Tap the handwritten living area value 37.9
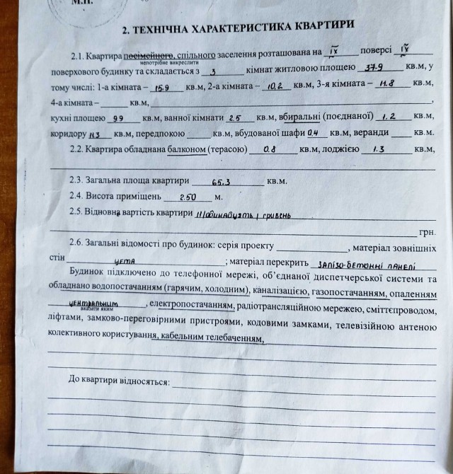[372, 67]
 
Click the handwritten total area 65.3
[223, 181]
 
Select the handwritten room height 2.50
[187, 197]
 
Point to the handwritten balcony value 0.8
[270, 150]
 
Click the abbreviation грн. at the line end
[426, 231]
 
